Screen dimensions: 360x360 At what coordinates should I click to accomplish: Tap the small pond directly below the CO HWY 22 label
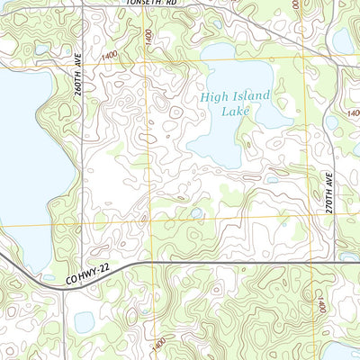pos(85,320)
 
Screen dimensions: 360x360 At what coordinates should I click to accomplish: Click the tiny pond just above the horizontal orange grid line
pos(196,213)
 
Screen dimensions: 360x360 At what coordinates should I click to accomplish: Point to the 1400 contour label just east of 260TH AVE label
pos(110,56)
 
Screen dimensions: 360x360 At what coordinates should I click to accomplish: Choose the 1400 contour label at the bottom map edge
pos(158,344)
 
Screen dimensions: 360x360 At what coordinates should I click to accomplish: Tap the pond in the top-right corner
pos(343,40)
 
